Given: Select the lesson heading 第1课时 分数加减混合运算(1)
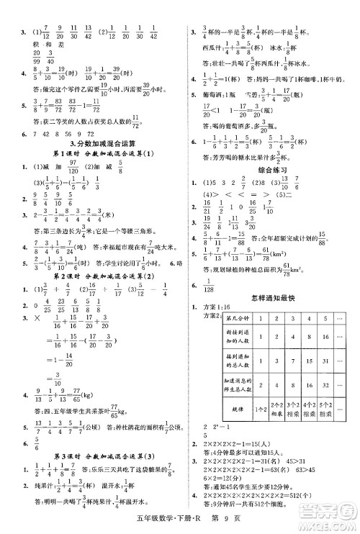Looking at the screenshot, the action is click(x=94, y=154).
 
